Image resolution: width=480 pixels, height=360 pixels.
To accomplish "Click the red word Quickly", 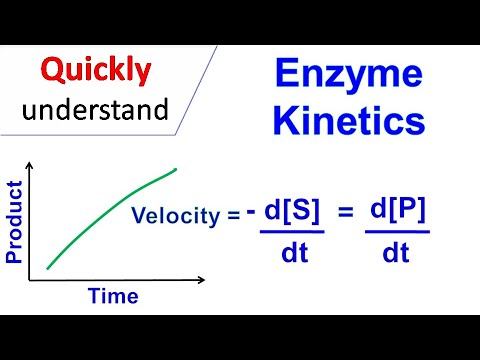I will pos(96,70).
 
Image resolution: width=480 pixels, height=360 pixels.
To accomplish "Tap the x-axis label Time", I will pos(113,296).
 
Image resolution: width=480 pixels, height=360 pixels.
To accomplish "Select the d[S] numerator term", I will pos(296,211).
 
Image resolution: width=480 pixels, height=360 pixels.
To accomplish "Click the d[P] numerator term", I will pos(397,211).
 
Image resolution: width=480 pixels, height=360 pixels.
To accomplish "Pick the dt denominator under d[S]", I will pos(294,253).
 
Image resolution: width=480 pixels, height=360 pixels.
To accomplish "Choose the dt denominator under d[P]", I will pos(397,253).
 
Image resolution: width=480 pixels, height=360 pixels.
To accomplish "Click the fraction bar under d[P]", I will pos(397,233).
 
